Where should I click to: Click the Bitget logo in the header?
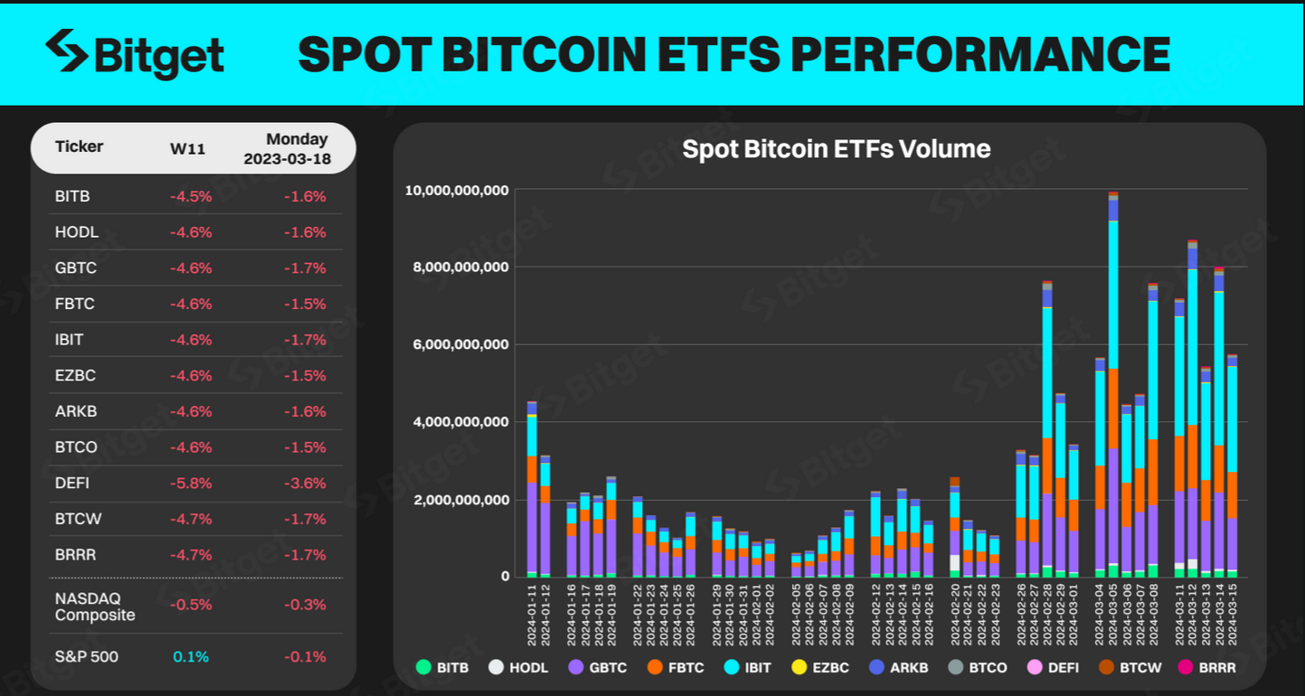135,53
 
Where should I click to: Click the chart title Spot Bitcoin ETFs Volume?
836,149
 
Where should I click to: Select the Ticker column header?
79,146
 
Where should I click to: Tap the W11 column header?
187,149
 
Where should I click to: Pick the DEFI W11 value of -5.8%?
190,484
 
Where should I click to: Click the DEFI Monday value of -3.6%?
304,484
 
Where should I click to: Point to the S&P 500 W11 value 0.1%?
191,656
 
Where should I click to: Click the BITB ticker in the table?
72,196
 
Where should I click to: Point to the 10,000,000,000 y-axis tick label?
458,191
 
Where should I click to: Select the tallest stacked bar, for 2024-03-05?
1113,389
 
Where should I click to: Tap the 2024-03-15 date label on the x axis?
1232,615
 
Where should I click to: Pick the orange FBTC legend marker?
656,668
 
